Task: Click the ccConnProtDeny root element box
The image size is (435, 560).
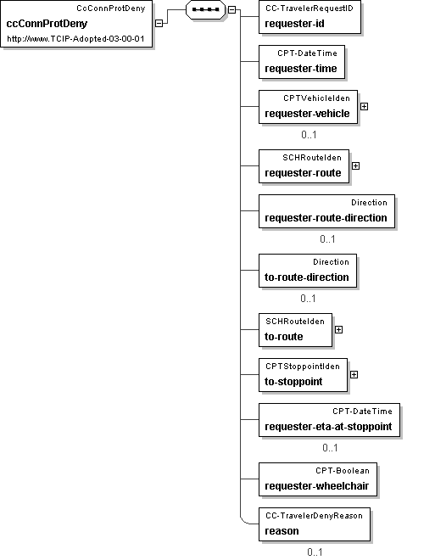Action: (x=76, y=24)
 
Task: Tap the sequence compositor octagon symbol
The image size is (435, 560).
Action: (x=205, y=9)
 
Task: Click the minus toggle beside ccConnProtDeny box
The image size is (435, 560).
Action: (x=159, y=23)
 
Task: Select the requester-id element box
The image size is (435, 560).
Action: (x=310, y=17)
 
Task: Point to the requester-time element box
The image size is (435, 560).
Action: (x=302, y=62)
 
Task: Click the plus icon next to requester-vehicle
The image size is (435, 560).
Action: (x=364, y=106)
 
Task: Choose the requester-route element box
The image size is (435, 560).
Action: (x=304, y=166)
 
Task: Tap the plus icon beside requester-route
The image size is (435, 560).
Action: (x=356, y=166)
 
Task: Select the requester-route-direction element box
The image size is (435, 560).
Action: (x=326, y=211)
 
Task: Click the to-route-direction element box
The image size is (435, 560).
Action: (x=308, y=271)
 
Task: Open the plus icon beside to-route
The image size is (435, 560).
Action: (x=338, y=330)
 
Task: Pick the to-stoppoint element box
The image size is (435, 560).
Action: (x=303, y=375)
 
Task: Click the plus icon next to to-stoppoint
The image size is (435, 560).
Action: (x=354, y=375)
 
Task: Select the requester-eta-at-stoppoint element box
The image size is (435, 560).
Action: (x=329, y=420)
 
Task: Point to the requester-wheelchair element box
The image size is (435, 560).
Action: (x=318, y=479)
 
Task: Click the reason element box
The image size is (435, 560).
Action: (x=315, y=524)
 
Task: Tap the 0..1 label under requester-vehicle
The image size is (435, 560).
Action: (x=309, y=135)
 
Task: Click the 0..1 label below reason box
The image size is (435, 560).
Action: (x=315, y=552)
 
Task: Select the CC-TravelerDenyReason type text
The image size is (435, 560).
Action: (x=314, y=516)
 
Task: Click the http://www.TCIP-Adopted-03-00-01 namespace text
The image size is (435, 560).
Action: (x=75, y=38)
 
